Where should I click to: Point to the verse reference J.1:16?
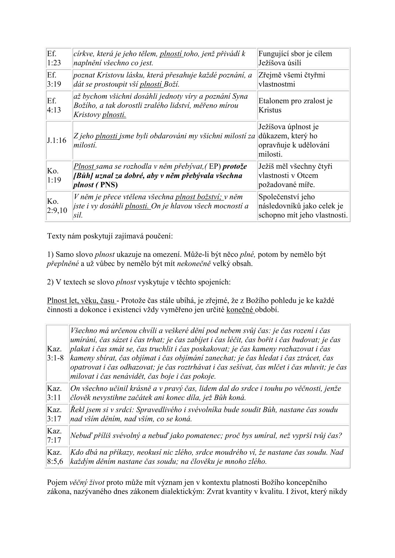point(56,140)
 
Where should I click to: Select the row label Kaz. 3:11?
point(54,393)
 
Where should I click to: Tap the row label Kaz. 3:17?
point(54,414)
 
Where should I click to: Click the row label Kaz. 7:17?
point(54,435)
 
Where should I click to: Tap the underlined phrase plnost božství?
point(198,197)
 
